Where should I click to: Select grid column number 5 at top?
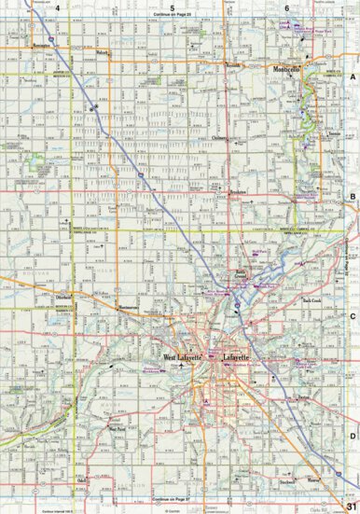click(x=173, y=7)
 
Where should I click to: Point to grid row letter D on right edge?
click(x=353, y=436)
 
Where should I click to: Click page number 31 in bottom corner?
click(x=351, y=507)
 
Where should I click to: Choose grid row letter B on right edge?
click(x=353, y=196)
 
